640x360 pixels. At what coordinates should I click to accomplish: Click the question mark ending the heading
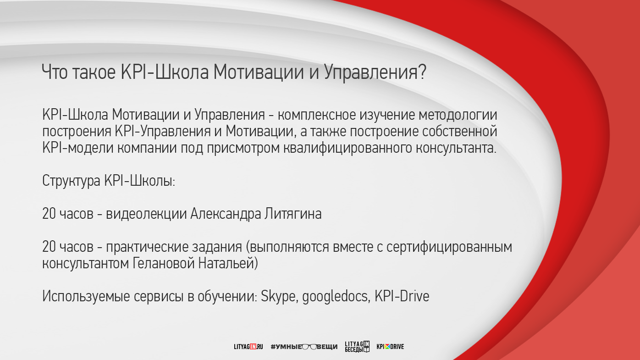pos(422,72)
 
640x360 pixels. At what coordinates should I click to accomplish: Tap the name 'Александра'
pos(226,214)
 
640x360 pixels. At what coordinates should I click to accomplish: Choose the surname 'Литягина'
pos(293,214)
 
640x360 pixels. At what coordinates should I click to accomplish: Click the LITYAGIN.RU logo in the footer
pos(248,347)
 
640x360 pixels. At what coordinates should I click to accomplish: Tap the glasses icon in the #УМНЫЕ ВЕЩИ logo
pos(309,347)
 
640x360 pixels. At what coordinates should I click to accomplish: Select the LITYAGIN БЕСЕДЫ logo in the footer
pos(358,347)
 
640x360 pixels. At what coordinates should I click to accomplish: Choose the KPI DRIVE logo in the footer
pos(390,347)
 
